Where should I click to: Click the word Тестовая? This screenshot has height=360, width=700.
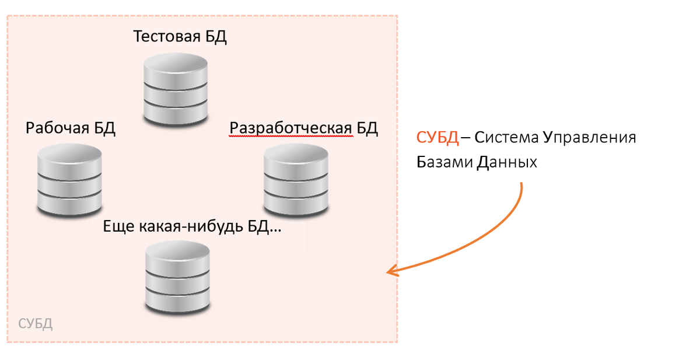click(x=166, y=37)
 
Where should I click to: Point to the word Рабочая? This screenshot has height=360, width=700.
click(x=57, y=128)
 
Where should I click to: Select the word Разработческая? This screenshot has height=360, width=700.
click(x=290, y=128)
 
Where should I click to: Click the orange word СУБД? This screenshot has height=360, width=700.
click(x=437, y=138)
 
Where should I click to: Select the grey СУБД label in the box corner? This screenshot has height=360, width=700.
click(x=36, y=324)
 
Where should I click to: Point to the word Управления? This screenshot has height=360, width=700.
click(x=589, y=139)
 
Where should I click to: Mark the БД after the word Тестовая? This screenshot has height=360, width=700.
click(x=215, y=37)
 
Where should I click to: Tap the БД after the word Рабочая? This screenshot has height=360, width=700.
click(x=104, y=128)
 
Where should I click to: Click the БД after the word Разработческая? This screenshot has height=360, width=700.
click(x=367, y=128)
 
